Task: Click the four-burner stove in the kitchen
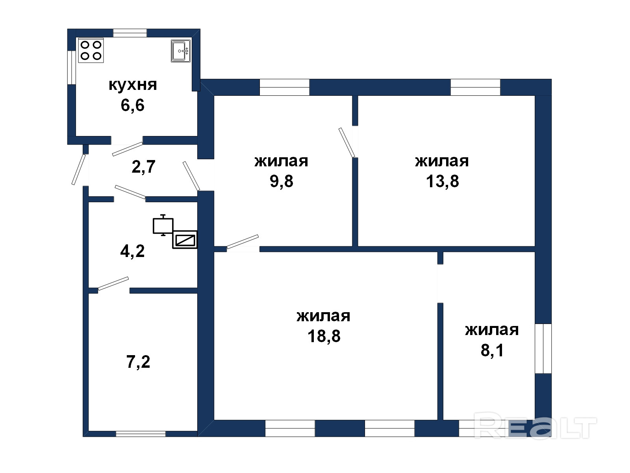pos(91,50)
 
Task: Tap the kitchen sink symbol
pos(180,51)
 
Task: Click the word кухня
pos(133,85)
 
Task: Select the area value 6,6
pos(132,105)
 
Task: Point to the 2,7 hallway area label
pos(143,167)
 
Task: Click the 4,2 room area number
pos(132,251)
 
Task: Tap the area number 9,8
pos(281,181)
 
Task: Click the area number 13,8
pos(442,181)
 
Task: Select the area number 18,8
pos(324,336)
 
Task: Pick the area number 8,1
pos(492,350)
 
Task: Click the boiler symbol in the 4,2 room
pos(163,225)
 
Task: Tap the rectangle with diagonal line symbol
pos(185,240)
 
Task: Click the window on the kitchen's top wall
pos(130,33)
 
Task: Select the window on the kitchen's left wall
pos(72,67)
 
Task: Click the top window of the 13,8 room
pos(475,87)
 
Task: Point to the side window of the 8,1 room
pos(543,349)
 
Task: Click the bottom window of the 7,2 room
pos(141,434)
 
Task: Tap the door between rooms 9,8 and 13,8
pos(347,143)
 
